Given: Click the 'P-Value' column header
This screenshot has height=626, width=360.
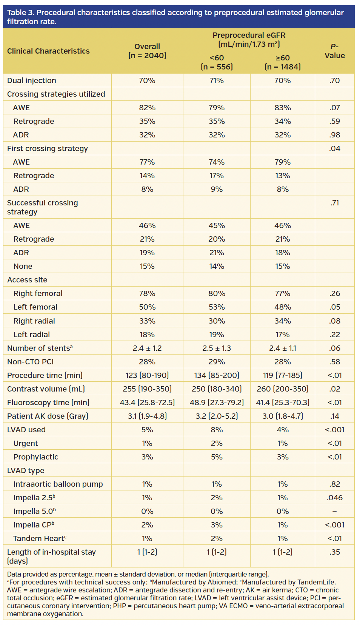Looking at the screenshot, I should [334, 51].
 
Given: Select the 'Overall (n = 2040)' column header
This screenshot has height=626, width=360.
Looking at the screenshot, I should [147, 51].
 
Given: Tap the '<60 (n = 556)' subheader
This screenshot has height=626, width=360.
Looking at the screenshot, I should [217, 62].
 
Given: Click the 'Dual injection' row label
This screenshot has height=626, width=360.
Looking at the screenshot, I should [32, 80].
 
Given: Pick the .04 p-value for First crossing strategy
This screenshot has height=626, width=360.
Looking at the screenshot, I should [334, 148].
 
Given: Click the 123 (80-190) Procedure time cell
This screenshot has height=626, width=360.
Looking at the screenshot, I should [147, 375].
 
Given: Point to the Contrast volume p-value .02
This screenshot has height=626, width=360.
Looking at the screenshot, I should [334, 389].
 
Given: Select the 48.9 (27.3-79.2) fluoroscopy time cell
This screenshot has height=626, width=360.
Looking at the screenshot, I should [217, 402].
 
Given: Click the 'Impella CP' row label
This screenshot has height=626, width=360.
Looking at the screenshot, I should [34, 525].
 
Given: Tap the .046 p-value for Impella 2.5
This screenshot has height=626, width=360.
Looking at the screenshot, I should [334, 498].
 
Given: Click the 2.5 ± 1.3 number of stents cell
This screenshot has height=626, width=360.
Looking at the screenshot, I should [217, 348].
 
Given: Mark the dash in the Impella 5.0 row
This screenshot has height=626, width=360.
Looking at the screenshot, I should [334, 511].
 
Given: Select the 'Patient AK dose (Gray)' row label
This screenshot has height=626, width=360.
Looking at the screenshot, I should [48, 416].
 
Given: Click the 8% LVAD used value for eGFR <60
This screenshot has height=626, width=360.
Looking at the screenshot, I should [217, 430].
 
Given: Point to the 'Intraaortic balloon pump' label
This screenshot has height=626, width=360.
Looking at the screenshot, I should [58, 484].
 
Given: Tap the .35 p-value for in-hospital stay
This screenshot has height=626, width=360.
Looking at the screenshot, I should [334, 552].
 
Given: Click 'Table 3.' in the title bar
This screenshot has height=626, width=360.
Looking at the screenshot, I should [20, 13].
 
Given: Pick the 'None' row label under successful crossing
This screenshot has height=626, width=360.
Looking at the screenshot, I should [23, 266].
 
